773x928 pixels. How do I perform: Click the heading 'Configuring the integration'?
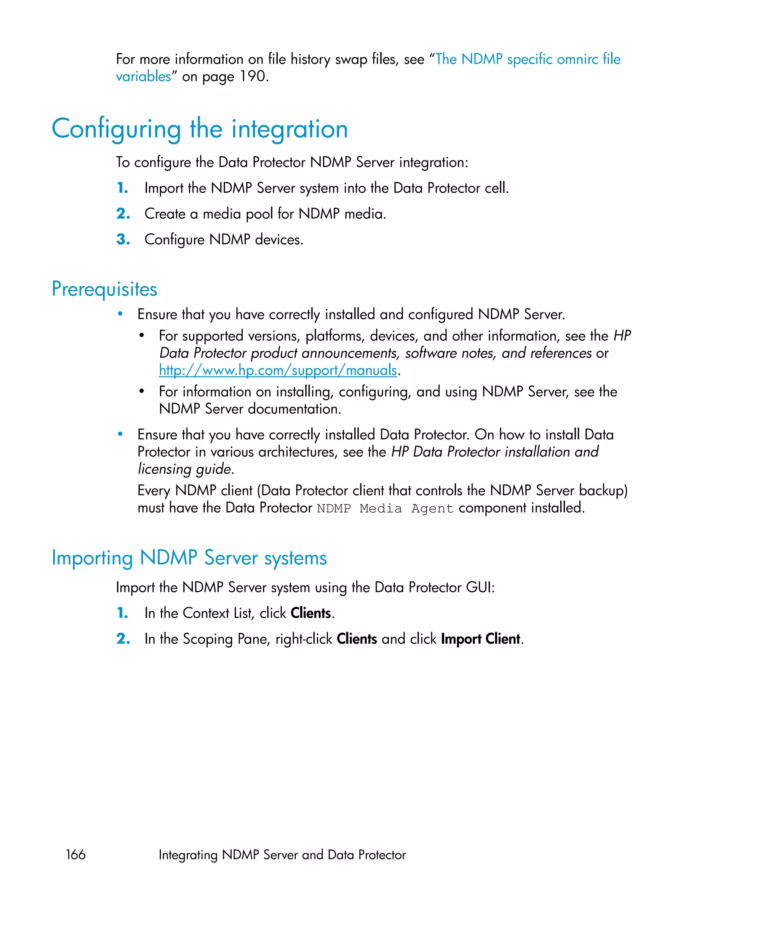pos(200,129)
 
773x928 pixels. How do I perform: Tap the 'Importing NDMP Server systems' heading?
pos(189,558)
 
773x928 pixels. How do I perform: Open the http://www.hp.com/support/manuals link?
pos(278,370)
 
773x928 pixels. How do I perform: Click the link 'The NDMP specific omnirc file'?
pos(528,59)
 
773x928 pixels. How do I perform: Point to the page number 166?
pos(75,854)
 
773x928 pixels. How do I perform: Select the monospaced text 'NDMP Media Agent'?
pos(385,509)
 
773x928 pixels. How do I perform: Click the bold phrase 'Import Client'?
pos(480,639)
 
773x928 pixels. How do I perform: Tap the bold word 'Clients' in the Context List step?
pos(311,614)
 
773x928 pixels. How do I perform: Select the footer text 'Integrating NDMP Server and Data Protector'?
pos(282,855)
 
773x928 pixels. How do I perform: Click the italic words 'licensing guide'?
pos(184,469)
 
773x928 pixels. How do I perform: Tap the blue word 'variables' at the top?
pos(143,76)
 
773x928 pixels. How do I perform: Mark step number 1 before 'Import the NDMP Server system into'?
pos(122,188)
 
